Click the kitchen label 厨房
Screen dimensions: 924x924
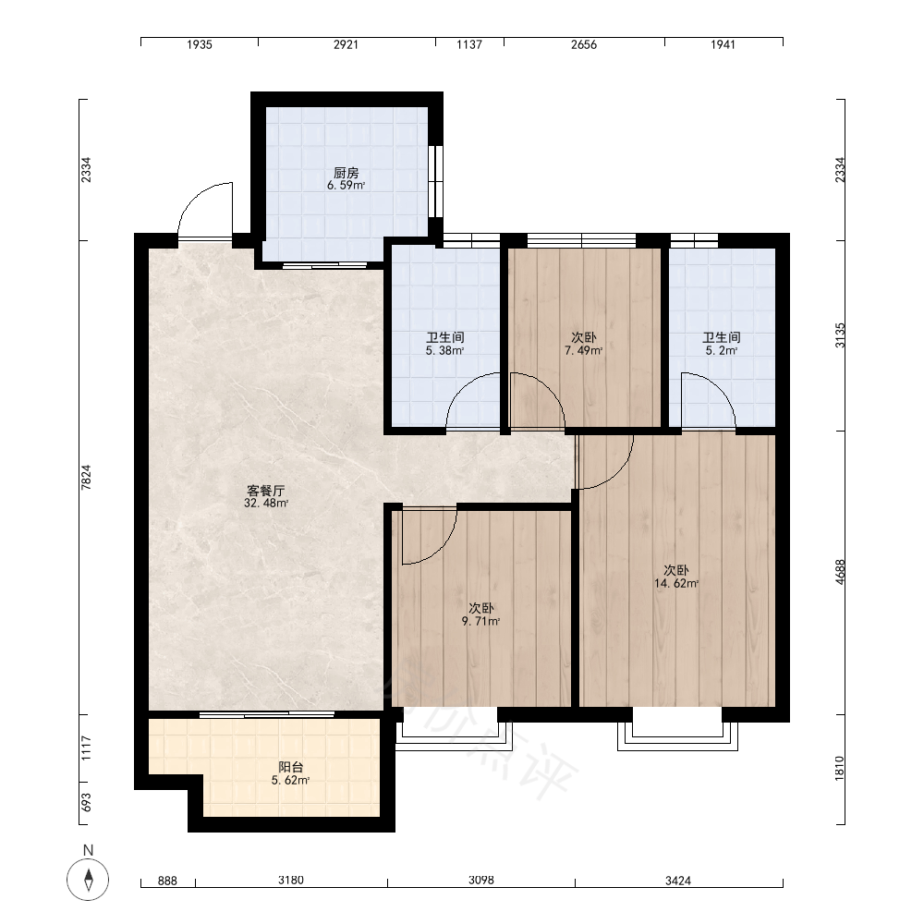[346, 173]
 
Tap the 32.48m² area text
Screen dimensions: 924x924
[266, 504]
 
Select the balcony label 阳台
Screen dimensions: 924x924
[290, 767]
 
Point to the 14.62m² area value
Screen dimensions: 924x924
[676, 583]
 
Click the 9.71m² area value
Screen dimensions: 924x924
[480, 621]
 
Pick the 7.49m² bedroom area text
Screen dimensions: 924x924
[583, 350]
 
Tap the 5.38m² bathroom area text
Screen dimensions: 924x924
[445, 350]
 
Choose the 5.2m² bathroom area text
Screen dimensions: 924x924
[722, 350]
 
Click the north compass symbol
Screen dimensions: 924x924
[88, 880]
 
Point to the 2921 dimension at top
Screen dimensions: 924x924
[346, 44]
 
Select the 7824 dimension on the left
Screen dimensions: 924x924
[86, 478]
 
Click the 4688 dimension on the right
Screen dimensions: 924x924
[840, 572]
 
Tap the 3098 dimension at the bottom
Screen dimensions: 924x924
[480, 880]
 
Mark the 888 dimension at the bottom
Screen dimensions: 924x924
[168, 881]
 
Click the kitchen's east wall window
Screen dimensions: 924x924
[436, 181]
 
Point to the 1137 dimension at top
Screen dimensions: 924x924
[469, 44]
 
